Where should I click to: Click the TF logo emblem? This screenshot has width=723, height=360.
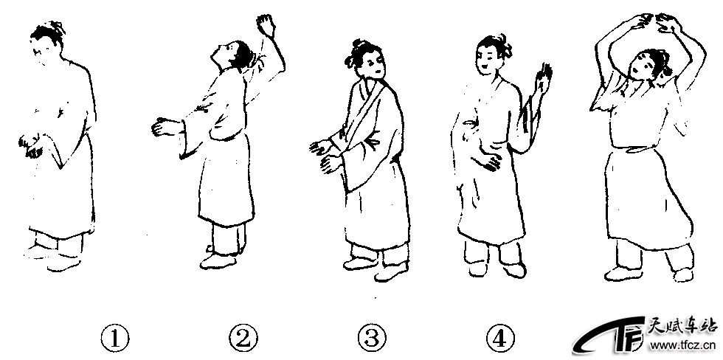(x=609, y=336)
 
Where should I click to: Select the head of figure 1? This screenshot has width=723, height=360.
(x=47, y=42)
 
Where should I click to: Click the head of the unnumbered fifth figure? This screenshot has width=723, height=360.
(x=648, y=67)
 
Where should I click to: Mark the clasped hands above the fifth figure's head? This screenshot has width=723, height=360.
(x=655, y=23)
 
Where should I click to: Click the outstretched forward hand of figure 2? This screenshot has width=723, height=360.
(x=162, y=127)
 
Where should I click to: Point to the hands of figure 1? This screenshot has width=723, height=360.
(x=31, y=145)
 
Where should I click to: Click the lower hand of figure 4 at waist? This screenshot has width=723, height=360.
(x=486, y=162)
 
